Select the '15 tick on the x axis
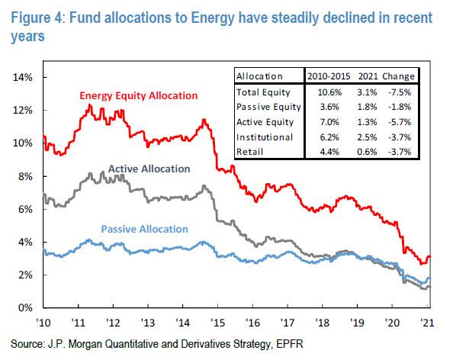coord(217,321)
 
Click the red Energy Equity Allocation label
coord(139,95)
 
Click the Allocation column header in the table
coord(260,76)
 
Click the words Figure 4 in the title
coord(33,11)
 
